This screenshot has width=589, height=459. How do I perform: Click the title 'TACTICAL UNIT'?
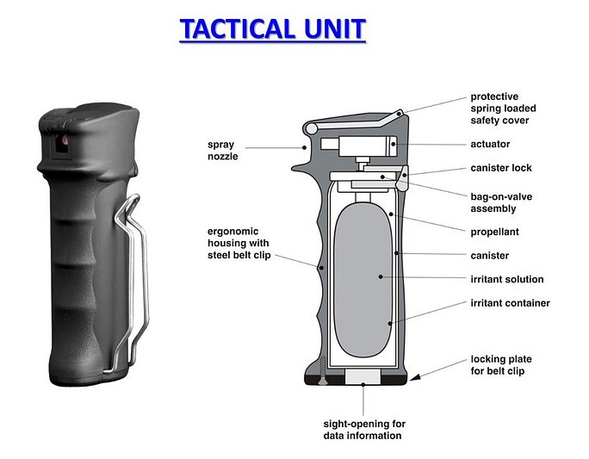coord(272,28)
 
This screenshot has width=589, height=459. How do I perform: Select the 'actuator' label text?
coord(491,144)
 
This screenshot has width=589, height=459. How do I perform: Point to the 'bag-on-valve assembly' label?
coord(500,202)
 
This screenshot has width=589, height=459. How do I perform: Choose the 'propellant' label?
coord(494,232)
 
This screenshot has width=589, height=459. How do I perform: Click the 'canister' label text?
coord(489,256)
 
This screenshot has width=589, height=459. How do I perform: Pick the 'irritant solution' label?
coord(506,279)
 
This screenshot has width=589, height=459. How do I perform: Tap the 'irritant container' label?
coord(510,303)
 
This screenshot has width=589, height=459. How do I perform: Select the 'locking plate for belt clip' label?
coord(506,365)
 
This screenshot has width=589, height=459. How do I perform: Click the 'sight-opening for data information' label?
coord(364,430)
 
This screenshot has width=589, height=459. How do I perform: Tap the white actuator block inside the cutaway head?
coord(365,144)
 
